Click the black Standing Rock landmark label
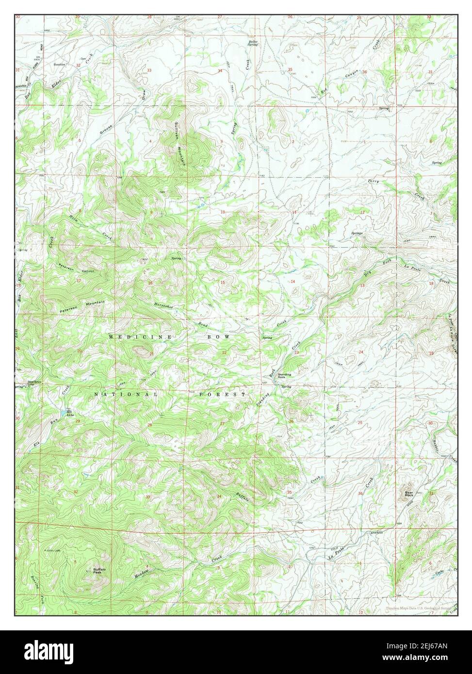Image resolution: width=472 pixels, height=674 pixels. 284,376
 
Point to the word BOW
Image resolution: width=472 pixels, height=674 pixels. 220,336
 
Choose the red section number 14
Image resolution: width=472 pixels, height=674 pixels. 293,282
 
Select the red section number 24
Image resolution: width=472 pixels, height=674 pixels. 361,352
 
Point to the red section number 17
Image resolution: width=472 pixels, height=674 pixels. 79,281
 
